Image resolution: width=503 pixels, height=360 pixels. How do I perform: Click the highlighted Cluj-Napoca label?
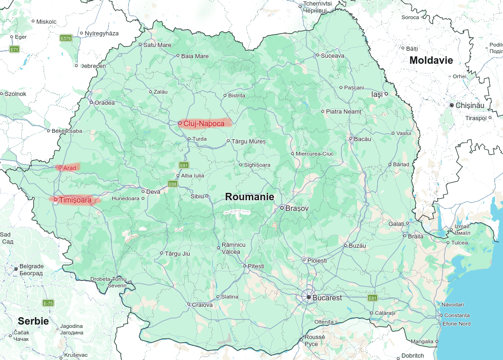point(204,123)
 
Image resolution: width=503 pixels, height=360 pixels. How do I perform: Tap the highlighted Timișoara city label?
point(75,200)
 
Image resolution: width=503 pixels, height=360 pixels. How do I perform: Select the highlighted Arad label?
point(69,168)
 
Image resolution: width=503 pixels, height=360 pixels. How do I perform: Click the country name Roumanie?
point(249,197)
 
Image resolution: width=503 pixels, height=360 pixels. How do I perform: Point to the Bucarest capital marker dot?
point(308,297)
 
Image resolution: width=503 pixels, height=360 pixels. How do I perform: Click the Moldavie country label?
point(431,60)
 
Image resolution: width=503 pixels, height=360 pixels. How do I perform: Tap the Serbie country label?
point(33,321)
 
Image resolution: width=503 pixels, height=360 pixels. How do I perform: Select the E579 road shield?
point(66,38)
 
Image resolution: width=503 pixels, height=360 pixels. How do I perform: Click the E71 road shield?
point(14,49)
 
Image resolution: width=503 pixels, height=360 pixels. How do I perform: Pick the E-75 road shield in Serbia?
point(48,303)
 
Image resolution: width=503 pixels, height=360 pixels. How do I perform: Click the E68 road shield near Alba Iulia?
point(173,184)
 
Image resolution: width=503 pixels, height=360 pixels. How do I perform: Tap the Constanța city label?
point(457,315)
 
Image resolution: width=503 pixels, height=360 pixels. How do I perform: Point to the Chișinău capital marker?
point(452,106)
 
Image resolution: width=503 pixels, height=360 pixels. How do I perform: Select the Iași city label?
point(376,94)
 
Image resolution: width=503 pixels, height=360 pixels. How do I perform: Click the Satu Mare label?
point(157,45)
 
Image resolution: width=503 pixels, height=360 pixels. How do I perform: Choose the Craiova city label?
point(202,305)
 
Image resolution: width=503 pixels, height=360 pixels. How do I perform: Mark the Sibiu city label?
point(197,196)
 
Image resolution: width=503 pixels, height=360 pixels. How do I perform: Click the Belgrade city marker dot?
point(16,269)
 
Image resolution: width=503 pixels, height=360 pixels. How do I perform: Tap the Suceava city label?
point(333,55)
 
